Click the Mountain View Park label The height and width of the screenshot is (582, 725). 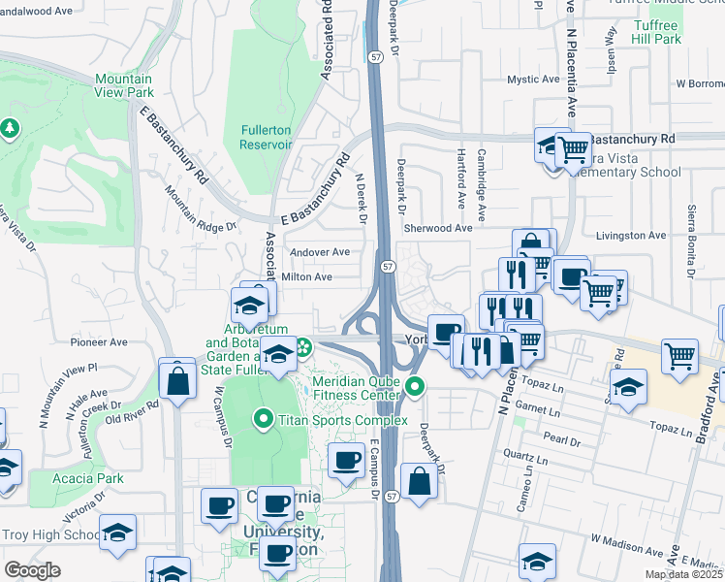[x=124, y=85]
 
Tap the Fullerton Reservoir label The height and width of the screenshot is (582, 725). [x=266, y=137]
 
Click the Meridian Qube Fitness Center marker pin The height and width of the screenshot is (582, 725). [x=416, y=388]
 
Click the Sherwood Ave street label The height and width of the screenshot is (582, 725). [x=438, y=228]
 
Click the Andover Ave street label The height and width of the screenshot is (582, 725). [x=320, y=252]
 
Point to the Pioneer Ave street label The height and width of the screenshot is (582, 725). [x=99, y=342]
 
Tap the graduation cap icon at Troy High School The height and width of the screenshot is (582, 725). [x=117, y=533]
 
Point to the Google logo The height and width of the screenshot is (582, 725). [x=33, y=569]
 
